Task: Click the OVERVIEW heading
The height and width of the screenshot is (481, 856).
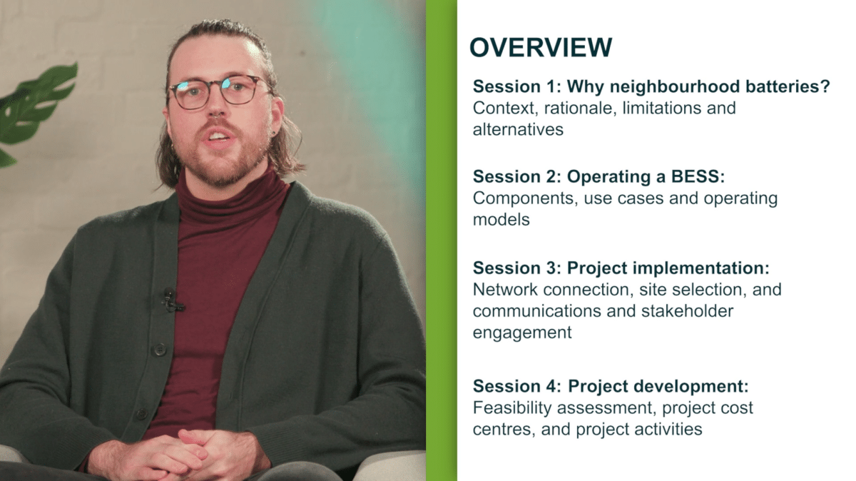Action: [x=541, y=47]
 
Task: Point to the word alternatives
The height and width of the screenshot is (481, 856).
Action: [x=518, y=130]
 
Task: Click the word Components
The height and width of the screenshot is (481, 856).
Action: [x=525, y=198]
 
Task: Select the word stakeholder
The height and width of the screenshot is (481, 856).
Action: [x=687, y=311]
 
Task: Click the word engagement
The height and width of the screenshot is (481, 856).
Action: [x=522, y=333]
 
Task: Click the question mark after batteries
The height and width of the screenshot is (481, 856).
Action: [x=825, y=86]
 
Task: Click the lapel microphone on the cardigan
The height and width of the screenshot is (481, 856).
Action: [x=170, y=300]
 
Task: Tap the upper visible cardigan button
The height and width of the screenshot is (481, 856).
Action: [x=159, y=349]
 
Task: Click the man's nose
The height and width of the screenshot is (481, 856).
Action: [x=217, y=106]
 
